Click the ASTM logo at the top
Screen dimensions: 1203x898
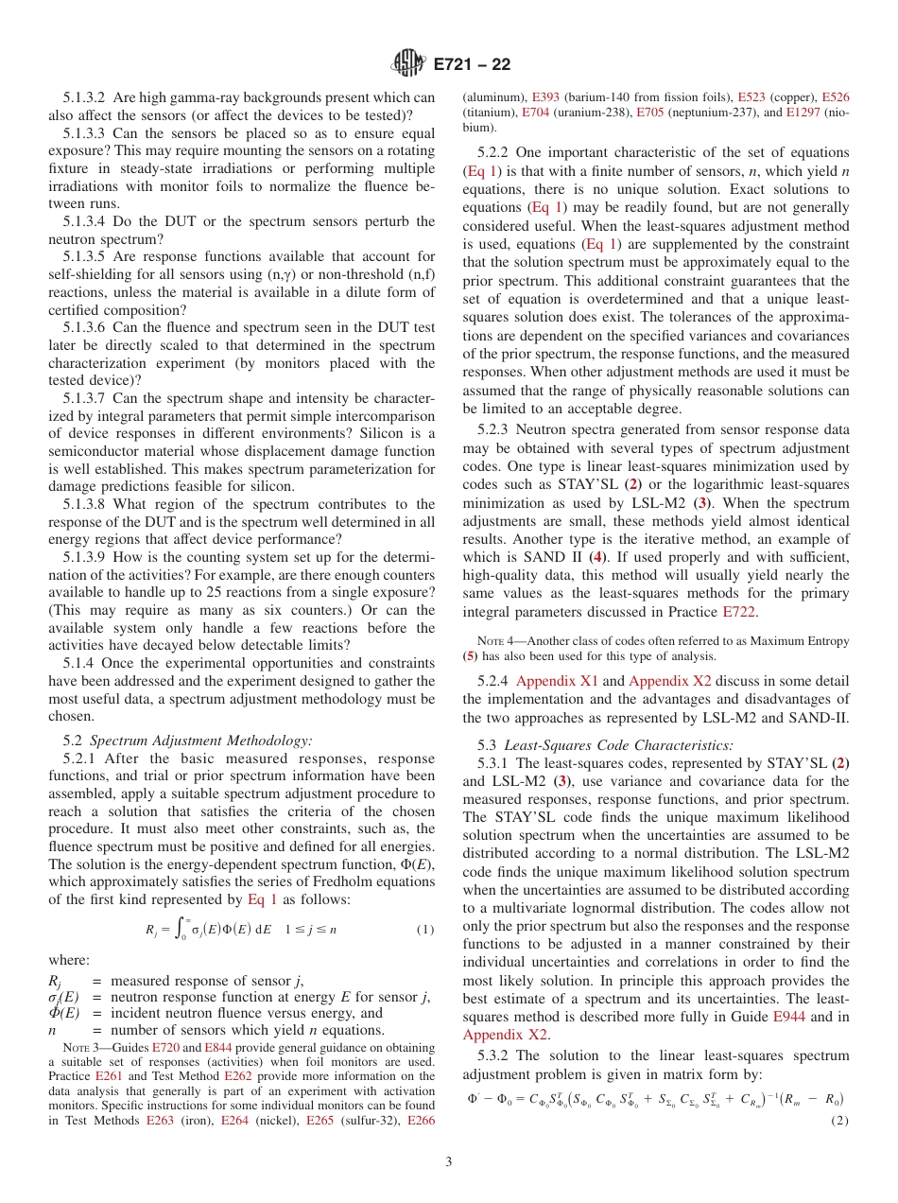[x=409, y=64]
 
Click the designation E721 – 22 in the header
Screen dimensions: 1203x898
[x=472, y=64]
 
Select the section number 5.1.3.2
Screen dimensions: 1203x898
[x=91, y=97]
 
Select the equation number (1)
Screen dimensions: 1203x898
[x=424, y=929]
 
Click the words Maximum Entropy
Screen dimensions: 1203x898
[x=803, y=641]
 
